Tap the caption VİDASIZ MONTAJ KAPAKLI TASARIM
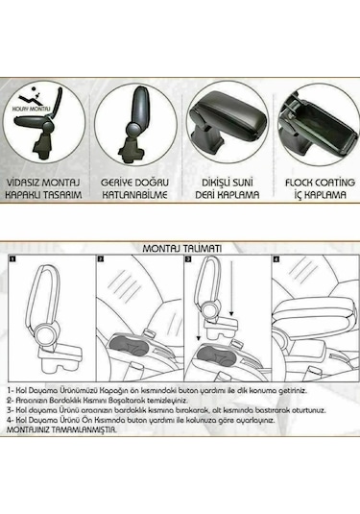point(45,186)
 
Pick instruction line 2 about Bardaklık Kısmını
point(110,400)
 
